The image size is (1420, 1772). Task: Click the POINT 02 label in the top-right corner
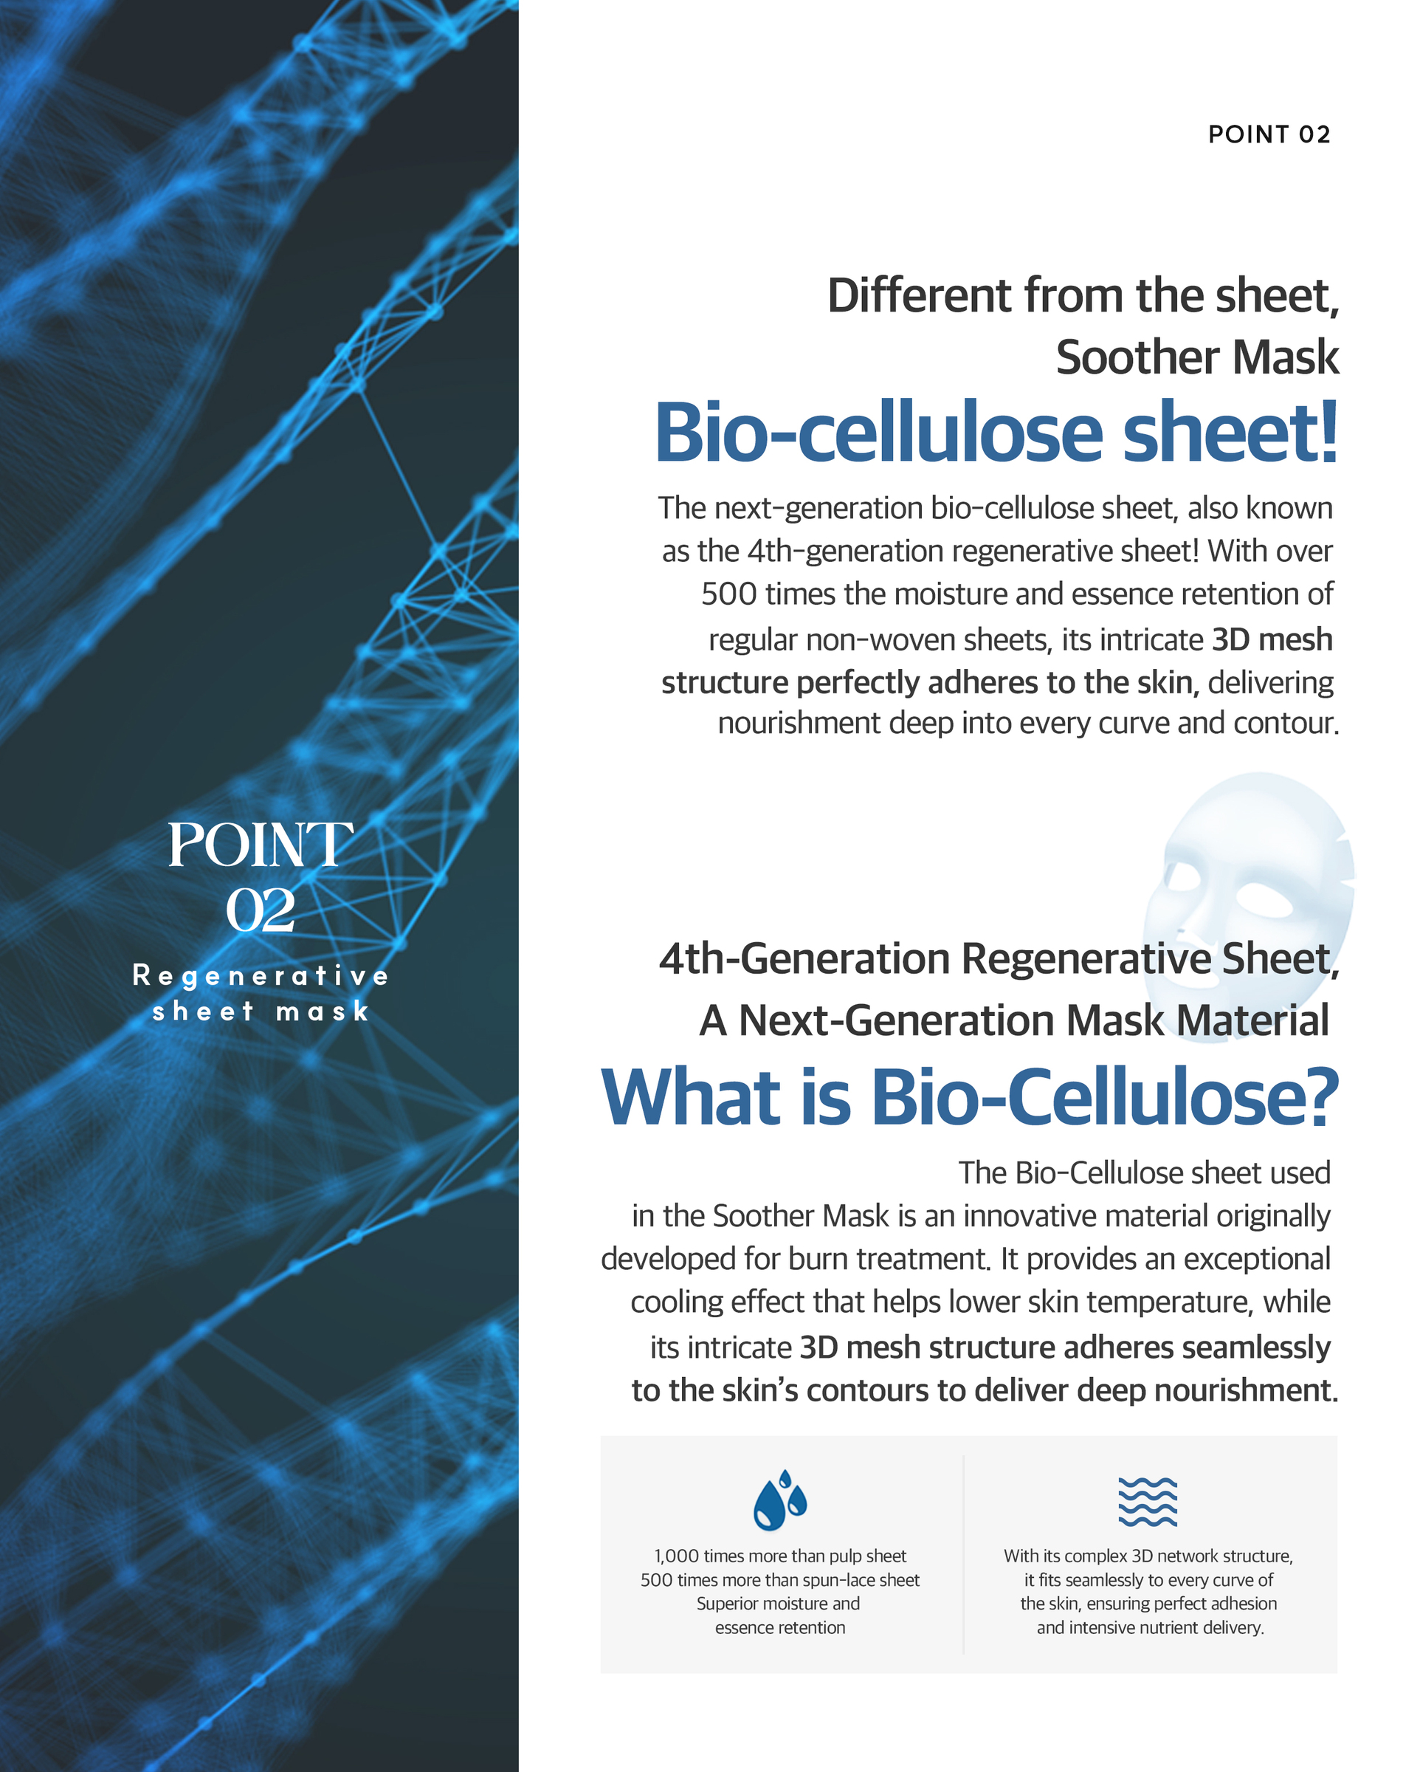(1268, 134)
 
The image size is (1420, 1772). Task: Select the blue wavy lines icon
(1147, 1502)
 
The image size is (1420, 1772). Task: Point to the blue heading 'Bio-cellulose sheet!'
(996, 433)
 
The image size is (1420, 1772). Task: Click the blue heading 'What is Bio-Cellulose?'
(970, 1096)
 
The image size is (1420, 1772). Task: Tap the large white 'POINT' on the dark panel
(261, 845)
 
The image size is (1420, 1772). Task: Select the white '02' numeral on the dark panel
(261, 910)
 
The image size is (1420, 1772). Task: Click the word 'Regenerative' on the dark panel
(261, 975)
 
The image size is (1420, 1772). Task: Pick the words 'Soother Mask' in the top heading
(1197, 357)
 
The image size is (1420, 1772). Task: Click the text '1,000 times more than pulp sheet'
(780, 1556)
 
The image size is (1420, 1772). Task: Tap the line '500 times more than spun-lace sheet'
(780, 1580)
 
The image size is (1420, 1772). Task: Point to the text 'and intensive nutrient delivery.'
(1150, 1627)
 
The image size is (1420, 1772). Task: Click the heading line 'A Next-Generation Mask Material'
(1014, 1021)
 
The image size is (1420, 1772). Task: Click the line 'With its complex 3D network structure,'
(1148, 1556)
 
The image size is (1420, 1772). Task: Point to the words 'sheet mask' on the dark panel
(261, 1011)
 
